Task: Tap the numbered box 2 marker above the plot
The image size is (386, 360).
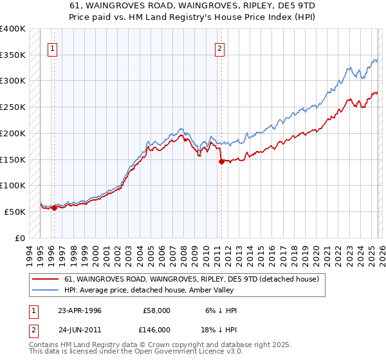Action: click(220, 48)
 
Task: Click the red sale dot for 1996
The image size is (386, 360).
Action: click(54, 208)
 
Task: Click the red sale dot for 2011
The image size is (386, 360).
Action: click(221, 161)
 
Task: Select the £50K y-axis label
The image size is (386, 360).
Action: click(15, 212)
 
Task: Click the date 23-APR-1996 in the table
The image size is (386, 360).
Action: click(80, 310)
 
